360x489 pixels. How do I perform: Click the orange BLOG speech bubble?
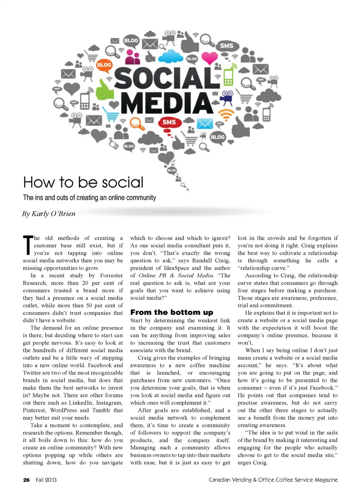[x=104, y=65]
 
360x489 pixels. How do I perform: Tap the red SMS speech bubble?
[x=169, y=122]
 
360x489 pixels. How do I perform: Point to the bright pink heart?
[x=209, y=58]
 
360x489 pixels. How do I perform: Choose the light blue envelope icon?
[x=205, y=123]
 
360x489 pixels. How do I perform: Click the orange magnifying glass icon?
[x=136, y=123]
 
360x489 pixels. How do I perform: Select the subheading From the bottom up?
[x=171, y=312]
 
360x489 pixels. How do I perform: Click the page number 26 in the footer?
[x=26, y=480]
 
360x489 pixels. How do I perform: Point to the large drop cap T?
[x=28, y=245]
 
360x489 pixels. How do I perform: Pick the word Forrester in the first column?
[x=111, y=275]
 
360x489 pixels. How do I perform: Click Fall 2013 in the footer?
[x=46, y=480]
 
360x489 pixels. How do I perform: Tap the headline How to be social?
[x=83, y=182]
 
